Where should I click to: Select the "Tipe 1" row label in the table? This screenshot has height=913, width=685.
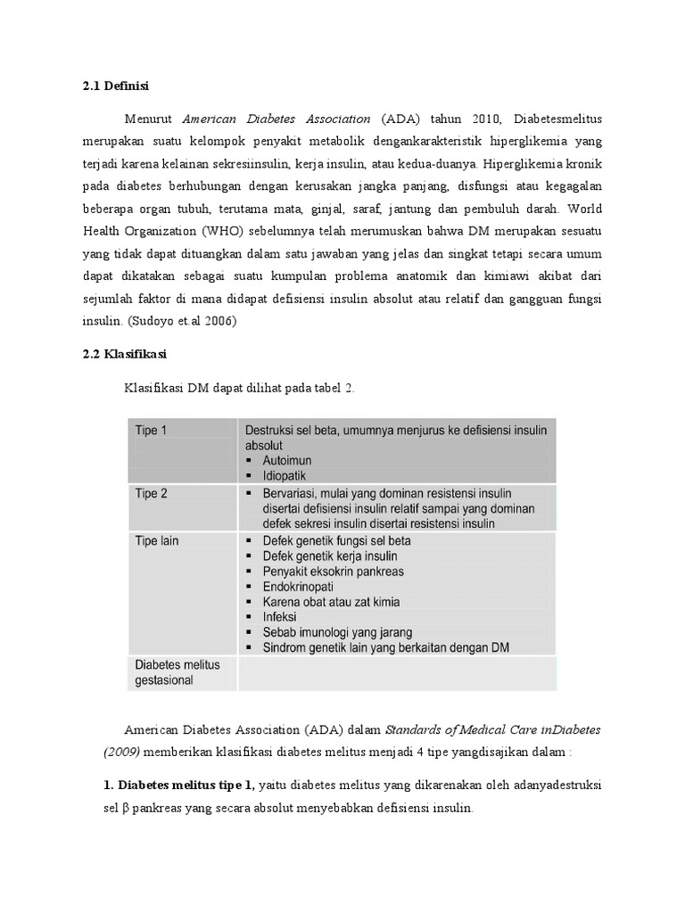click(x=151, y=431)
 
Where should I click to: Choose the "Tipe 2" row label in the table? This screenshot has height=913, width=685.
click(x=151, y=493)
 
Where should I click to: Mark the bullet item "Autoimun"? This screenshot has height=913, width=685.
click(x=287, y=460)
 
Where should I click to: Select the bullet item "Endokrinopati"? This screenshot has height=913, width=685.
click(x=301, y=587)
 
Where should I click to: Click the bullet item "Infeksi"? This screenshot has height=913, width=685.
click(x=282, y=617)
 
